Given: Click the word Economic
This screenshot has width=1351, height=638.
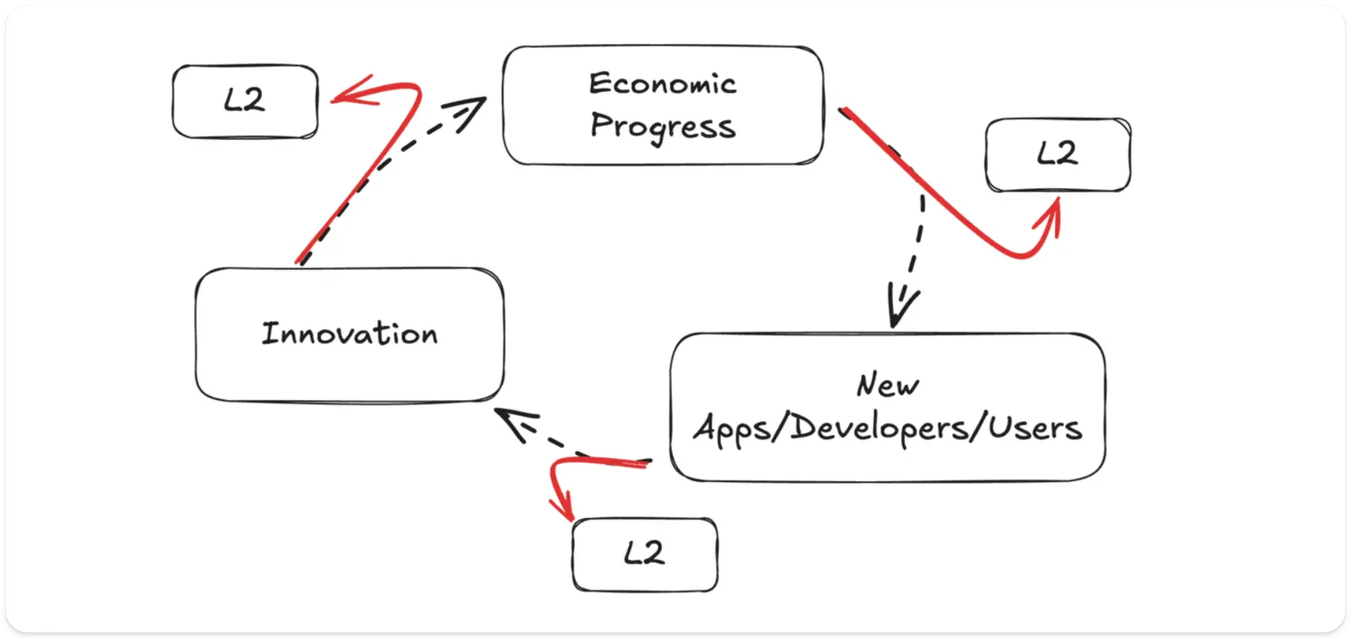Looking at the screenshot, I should point(662,84).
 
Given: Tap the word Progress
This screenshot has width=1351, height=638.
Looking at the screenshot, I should point(662,127).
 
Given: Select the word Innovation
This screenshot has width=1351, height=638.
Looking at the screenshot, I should point(350,333).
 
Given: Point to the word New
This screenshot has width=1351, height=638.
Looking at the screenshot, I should point(887,385).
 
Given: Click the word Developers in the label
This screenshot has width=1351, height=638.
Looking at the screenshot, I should point(878,429).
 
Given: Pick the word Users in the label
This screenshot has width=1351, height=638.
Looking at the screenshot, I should point(1035,429).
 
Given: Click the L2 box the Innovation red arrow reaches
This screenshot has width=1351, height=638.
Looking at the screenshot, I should point(245,101).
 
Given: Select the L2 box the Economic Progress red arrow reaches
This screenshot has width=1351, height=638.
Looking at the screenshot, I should point(1057,154).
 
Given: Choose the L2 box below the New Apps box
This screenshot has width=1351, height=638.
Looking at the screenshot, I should point(644,554).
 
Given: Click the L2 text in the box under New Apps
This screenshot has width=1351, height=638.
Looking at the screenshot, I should point(644,554).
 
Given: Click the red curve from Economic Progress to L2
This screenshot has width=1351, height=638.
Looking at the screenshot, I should point(946,203).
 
